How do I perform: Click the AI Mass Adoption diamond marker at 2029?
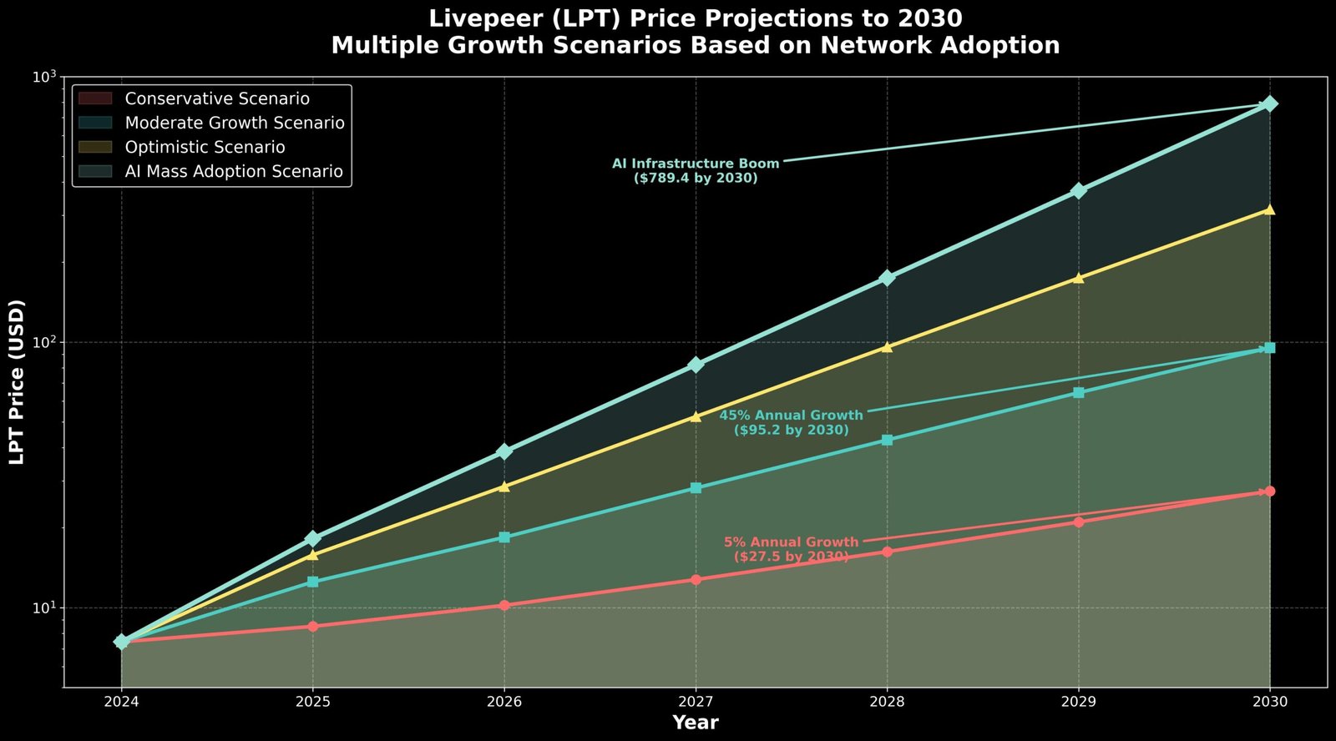pyautogui.click(x=1078, y=191)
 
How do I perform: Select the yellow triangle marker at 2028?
pyautogui.click(x=887, y=347)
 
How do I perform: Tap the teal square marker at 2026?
pyautogui.click(x=504, y=537)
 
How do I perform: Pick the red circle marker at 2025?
pyautogui.click(x=313, y=627)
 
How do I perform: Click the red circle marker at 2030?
pyautogui.click(x=1269, y=491)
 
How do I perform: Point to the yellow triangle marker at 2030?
pyautogui.click(x=1269, y=209)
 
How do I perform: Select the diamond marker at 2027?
pyautogui.click(x=696, y=365)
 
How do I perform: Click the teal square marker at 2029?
pyautogui.click(x=1078, y=393)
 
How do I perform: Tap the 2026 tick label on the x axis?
pyautogui.click(x=504, y=703)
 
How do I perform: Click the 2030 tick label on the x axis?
pyautogui.click(x=1269, y=703)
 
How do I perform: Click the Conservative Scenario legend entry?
pyautogui.click(x=217, y=98)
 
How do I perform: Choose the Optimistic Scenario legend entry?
pyautogui.click(x=205, y=147)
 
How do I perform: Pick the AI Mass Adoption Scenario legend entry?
pyautogui.click(x=234, y=171)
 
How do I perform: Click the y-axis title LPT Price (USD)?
pyautogui.click(x=17, y=381)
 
